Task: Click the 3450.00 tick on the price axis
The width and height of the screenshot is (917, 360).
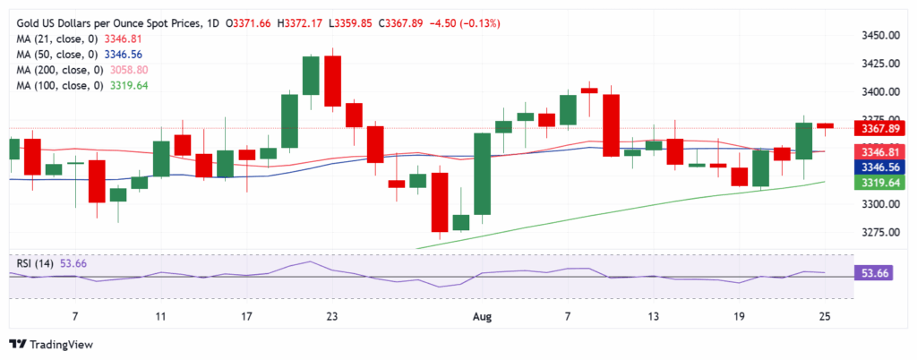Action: tap(879, 36)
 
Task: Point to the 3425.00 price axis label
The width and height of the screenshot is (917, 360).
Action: tap(879, 64)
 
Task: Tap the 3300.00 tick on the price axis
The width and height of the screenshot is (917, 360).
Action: tap(879, 204)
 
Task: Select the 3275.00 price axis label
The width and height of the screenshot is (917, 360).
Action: tap(879, 232)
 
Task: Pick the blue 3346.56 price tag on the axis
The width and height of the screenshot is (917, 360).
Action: tap(879, 167)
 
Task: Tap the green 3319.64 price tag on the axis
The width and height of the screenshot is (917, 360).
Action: tap(879, 182)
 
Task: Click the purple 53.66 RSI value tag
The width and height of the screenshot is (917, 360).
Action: tap(879, 274)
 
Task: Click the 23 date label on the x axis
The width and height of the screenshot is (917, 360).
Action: tap(332, 316)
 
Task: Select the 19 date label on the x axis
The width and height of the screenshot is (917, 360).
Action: tap(740, 316)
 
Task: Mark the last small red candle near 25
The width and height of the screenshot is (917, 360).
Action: tap(825, 125)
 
